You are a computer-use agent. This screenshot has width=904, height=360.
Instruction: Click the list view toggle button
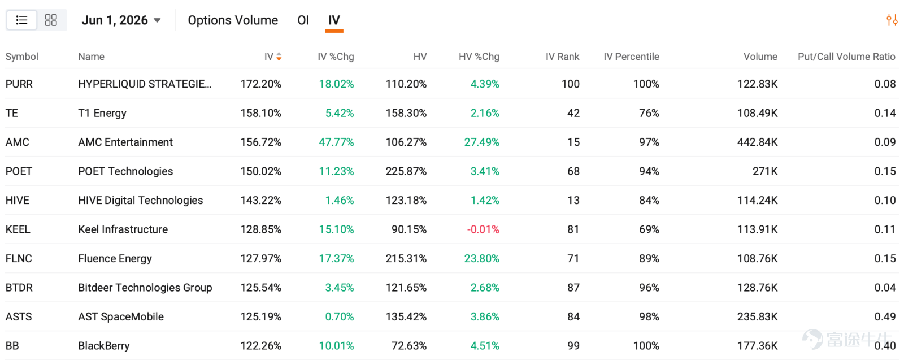tap(22, 20)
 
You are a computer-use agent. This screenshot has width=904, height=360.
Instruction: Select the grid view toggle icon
tap(51, 20)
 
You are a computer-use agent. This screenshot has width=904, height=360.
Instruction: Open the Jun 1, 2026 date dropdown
tap(121, 20)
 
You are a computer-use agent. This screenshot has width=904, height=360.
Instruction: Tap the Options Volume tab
tap(233, 20)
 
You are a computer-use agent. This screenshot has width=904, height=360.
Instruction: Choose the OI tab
tap(303, 20)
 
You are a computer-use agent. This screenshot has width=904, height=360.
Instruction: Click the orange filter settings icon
tap(892, 20)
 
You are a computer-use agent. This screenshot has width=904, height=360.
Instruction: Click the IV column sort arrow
tap(279, 57)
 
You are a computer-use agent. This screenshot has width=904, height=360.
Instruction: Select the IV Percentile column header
tap(631, 57)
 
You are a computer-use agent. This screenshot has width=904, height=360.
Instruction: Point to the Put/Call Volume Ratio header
tap(847, 57)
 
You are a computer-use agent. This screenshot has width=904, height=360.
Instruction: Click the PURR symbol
tap(19, 84)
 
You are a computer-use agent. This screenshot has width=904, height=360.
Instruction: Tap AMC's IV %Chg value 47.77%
tap(336, 142)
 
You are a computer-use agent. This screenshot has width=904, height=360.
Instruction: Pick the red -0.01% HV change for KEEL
tap(483, 229)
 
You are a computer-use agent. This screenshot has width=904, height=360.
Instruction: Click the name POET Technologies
tap(125, 171)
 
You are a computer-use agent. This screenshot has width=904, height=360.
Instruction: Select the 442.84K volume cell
tap(757, 142)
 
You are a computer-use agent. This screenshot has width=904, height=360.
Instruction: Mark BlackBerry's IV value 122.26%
tap(260, 345)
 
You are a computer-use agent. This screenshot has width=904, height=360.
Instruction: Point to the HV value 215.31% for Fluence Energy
tap(406, 258)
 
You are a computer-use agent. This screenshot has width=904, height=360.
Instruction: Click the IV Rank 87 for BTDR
tap(573, 287)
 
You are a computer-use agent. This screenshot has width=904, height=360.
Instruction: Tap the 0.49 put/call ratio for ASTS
tap(885, 316)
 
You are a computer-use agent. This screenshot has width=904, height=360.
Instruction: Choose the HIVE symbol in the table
tap(18, 200)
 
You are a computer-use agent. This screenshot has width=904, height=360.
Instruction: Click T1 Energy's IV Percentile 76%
tap(649, 113)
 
